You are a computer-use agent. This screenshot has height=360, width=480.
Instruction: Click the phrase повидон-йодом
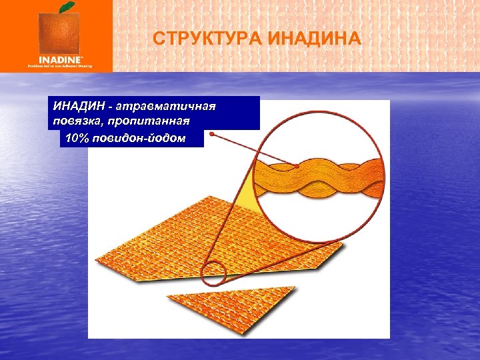point(147,138)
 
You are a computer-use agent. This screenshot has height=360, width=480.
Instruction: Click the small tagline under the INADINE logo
point(59,66)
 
